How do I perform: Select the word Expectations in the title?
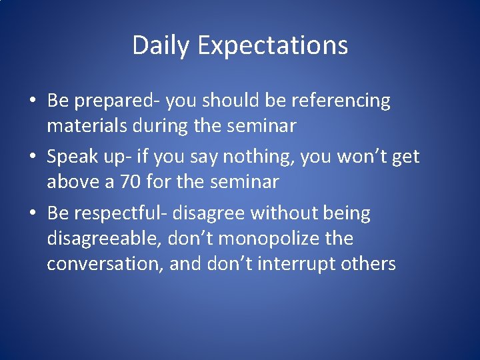click(x=273, y=46)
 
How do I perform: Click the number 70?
click(x=138, y=181)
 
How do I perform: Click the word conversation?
click(x=105, y=264)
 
